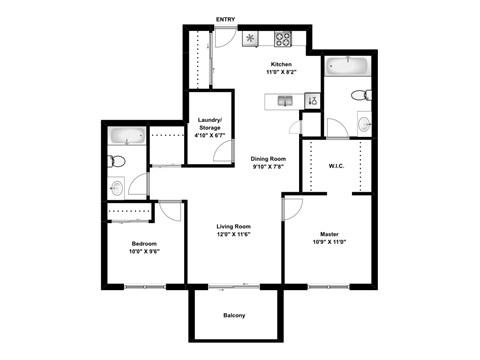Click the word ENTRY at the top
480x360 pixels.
pyautogui.click(x=226, y=19)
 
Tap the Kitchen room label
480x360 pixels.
pyautogui.click(x=281, y=64)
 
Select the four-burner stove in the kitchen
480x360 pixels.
pyautogui.click(x=283, y=41)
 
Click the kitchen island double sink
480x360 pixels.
pyautogui.click(x=285, y=100)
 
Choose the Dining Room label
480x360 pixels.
pyautogui.click(x=268, y=159)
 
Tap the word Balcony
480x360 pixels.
pyautogui.click(x=234, y=317)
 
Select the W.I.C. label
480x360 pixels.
pyautogui.click(x=336, y=167)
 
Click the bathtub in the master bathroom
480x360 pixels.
pyautogui.click(x=348, y=67)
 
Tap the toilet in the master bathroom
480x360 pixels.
pyautogui.click(x=362, y=96)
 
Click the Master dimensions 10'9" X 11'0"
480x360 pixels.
pyautogui.click(x=329, y=243)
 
